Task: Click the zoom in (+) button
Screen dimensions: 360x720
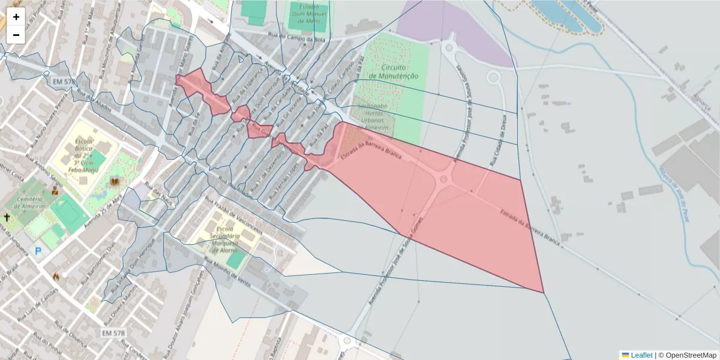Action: [16, 17]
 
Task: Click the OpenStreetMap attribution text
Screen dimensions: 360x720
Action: [691, 355]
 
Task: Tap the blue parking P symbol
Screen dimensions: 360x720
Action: [38, 251]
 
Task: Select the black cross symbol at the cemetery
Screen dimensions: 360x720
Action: [7, 217]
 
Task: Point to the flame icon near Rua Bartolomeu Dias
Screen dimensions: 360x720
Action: [56, 277]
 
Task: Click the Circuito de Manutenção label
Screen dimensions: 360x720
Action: [394, 71]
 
